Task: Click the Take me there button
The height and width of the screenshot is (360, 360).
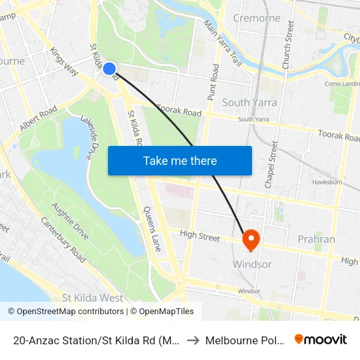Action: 180,160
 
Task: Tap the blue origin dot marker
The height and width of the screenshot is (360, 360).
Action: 109,69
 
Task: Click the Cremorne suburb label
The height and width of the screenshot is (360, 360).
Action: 257,18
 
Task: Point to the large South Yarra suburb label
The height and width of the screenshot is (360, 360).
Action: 249,102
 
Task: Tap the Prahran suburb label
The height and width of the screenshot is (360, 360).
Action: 316,239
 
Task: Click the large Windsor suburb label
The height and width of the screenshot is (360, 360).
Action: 252,264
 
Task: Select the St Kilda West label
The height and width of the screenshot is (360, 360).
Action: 92,298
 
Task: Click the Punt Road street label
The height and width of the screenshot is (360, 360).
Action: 214,81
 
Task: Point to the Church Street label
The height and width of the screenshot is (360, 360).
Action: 287,44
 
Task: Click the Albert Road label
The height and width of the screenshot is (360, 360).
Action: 39,119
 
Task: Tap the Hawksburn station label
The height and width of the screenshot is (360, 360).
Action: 327,182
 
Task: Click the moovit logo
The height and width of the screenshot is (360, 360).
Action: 321,340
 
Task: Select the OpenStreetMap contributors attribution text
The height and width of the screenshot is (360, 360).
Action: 65,312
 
